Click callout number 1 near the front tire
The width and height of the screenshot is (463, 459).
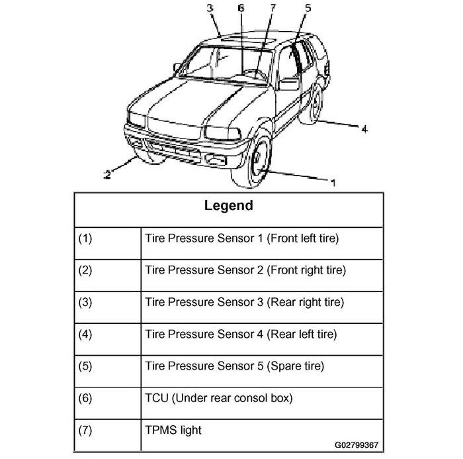(333, 183)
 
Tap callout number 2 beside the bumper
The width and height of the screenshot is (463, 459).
(107, 174)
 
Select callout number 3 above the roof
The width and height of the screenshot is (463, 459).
(210, 8)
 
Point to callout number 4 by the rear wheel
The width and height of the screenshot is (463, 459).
(364, 129)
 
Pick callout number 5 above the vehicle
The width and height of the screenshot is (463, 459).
(308, 8)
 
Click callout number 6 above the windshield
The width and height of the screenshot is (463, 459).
(241, 8)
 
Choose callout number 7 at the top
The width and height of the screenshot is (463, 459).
(273, 8)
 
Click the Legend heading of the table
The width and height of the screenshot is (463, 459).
(229, 205)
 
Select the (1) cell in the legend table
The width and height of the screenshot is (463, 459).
(108, 243)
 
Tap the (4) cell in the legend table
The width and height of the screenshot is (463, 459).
(108, 339)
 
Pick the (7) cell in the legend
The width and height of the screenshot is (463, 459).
(108, 435)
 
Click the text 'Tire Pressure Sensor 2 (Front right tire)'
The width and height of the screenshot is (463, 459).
(245, 270)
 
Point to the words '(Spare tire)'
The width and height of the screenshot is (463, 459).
(295, 366)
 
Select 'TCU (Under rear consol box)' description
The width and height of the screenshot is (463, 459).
(219, 398)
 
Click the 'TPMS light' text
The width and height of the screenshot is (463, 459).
(173, 430)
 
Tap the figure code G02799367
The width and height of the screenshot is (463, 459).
(357, 445)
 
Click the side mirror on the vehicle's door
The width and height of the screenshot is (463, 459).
(288, 84)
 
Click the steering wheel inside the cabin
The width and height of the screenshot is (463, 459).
(254, 74)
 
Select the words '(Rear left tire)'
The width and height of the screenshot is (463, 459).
(302, 334)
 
